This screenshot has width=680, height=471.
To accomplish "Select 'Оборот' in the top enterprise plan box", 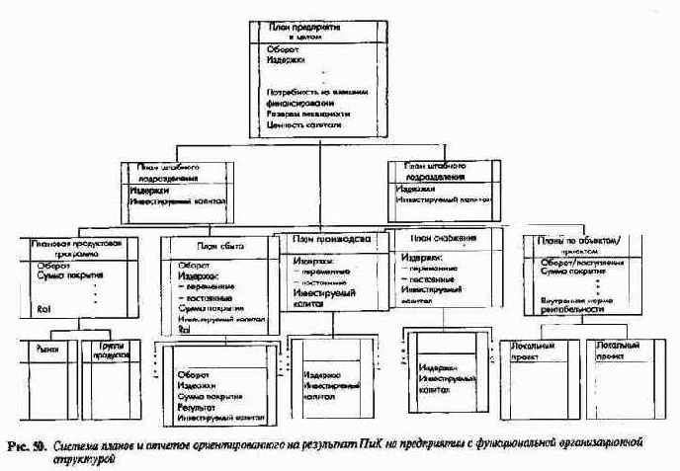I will pyautogui.click(x=281, y=47).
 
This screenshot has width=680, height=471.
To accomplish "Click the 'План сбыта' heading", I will pyautogui.click(x=218, y=247).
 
